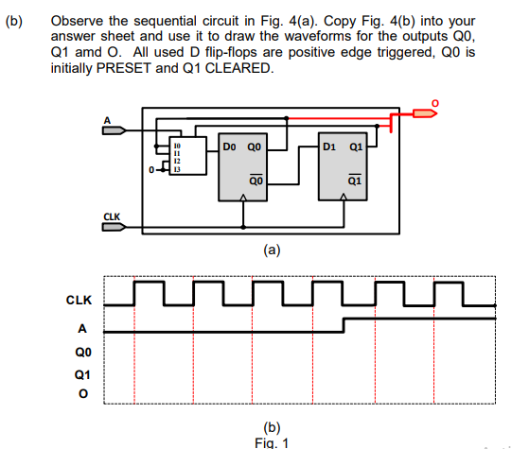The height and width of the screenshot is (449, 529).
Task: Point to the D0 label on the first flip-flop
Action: pos(229,147)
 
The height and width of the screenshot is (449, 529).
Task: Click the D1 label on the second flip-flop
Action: pos(328,147)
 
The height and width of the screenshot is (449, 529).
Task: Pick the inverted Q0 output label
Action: pos(256,179)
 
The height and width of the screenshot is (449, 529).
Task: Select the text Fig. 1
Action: pos(273,441)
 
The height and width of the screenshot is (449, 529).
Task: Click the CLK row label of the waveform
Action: pos(79,301)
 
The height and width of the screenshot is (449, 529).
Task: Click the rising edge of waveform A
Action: pos(343,325)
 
